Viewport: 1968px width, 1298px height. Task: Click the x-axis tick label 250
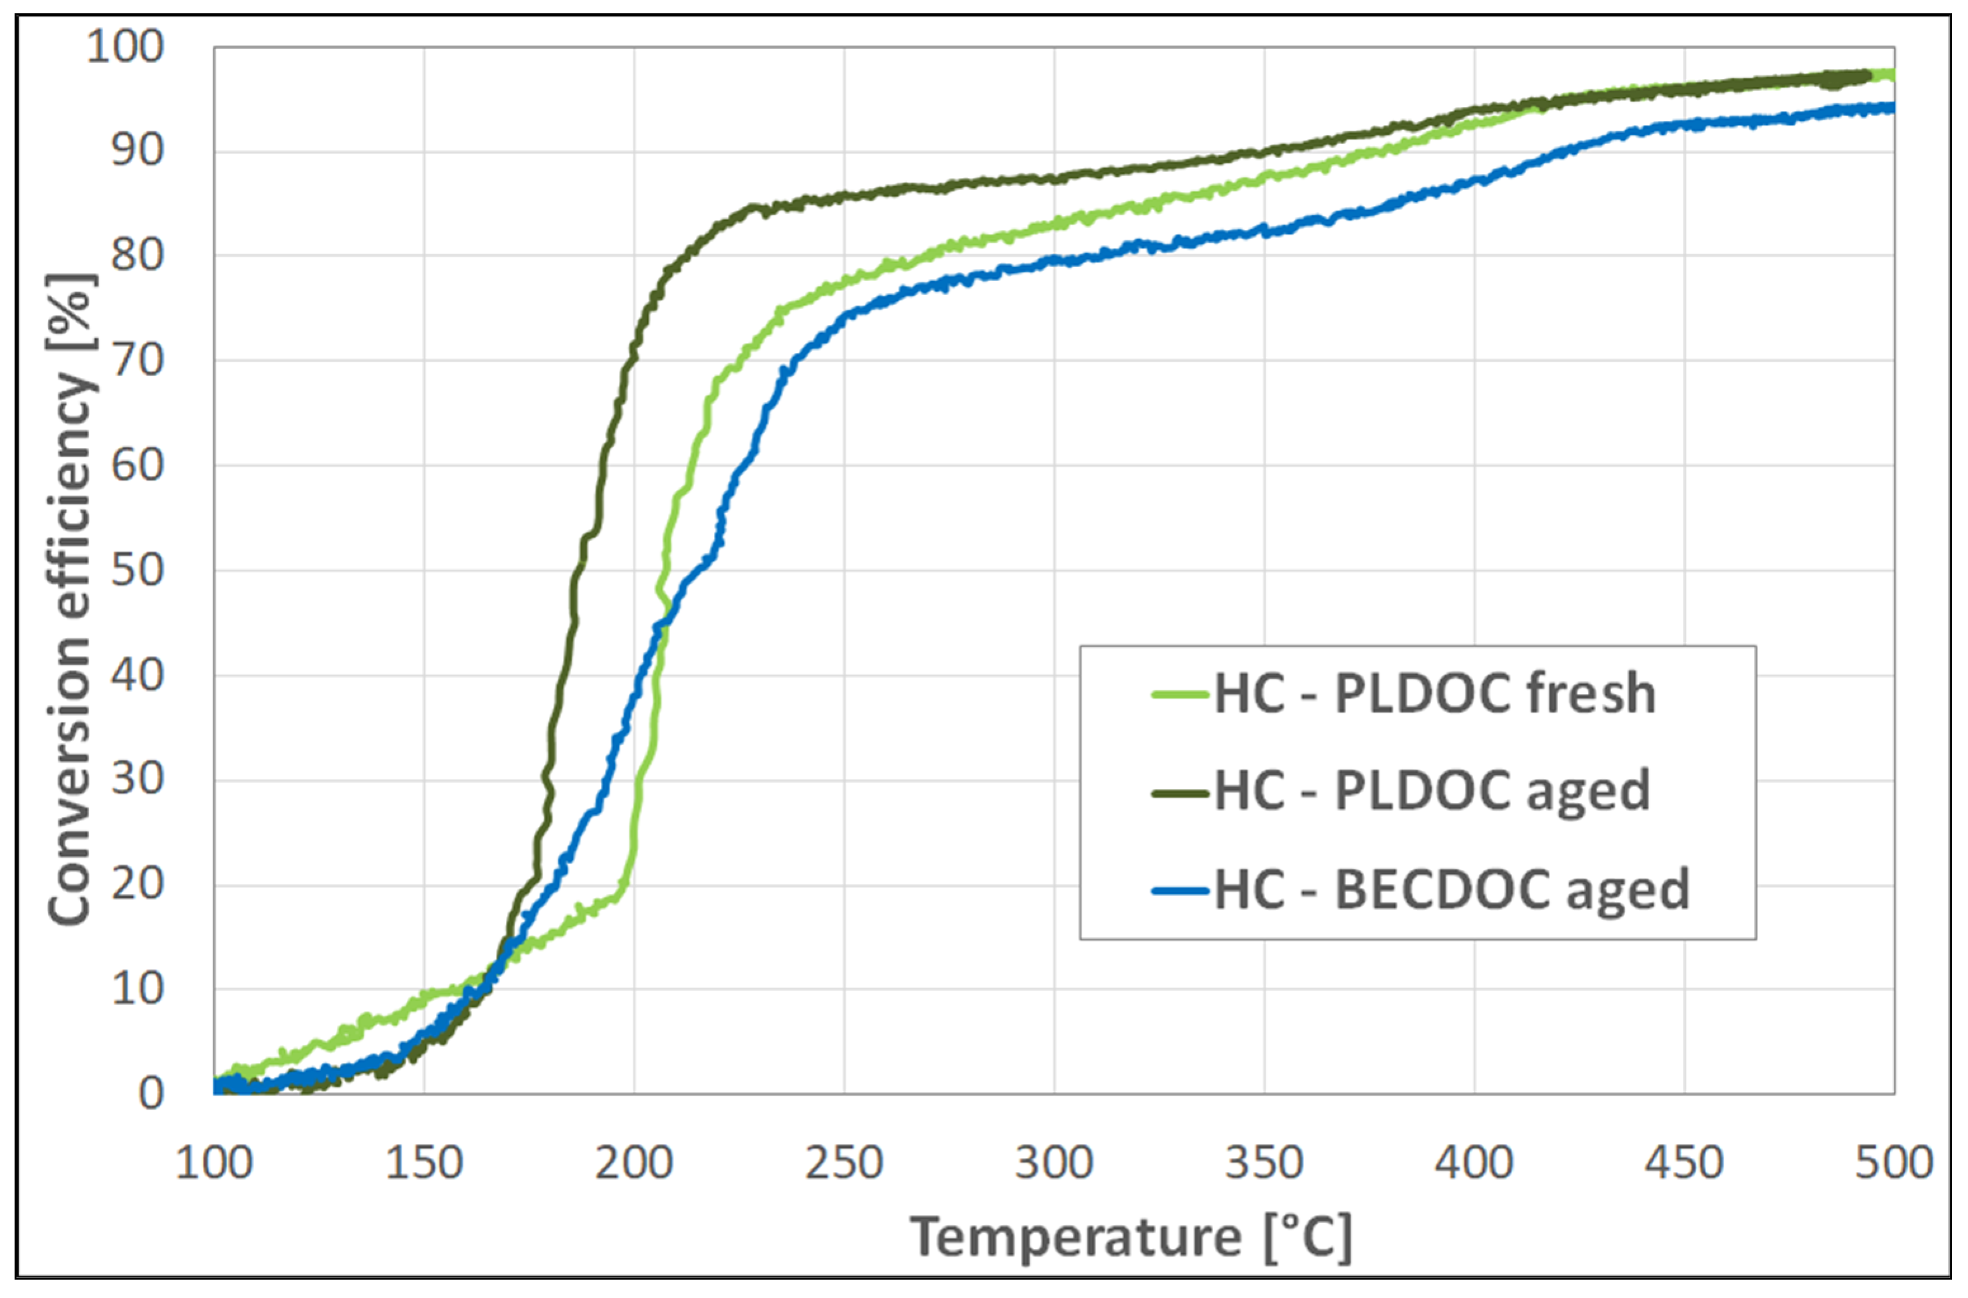844,1163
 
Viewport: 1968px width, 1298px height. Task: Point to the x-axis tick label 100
214,1163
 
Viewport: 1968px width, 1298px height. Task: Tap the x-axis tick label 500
1893,1163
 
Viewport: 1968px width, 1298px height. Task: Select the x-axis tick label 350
1264,1163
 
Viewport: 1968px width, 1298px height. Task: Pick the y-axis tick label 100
125,46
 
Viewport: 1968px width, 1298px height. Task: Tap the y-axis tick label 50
138,570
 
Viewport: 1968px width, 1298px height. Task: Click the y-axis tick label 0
151,1095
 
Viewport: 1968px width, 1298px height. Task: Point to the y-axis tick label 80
138,256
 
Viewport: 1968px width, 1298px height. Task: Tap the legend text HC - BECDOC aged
1451,890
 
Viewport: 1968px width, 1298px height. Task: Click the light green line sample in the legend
1180,694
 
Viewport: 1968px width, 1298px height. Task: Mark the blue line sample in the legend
1180,890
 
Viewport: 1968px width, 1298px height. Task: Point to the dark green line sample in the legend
1180,792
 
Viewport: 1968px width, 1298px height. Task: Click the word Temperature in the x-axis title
1075,1238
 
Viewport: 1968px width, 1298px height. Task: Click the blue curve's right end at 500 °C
1892,108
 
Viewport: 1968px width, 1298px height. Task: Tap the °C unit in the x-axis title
1310,1238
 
